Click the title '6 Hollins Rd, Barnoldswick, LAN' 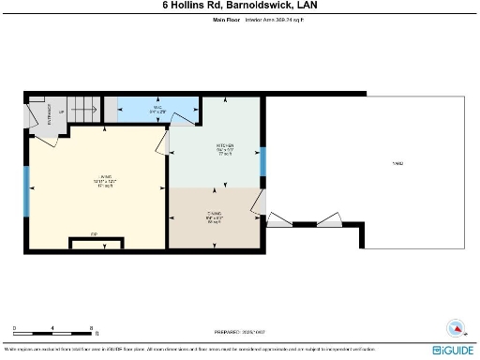[x=240, y=6]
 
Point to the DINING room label [x=214, y=217]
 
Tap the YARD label [x=398, y=164]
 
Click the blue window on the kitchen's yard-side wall [x=263, y=160]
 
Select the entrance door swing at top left [x=42, y=113]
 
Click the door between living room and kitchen [x=172, y=142]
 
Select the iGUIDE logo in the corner [x=454, y=350]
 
